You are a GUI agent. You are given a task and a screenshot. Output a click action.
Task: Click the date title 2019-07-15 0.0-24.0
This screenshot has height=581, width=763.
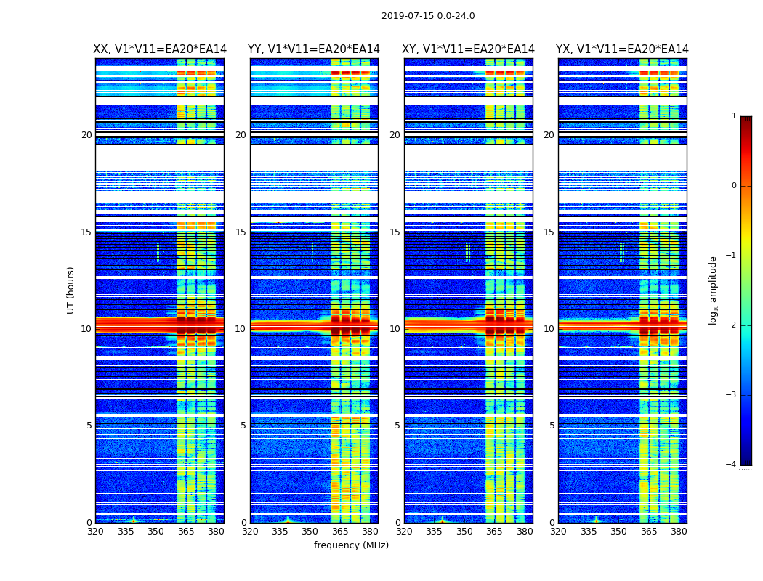(428, 16)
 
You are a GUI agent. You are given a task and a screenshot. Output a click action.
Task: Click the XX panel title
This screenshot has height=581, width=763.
(160, 49)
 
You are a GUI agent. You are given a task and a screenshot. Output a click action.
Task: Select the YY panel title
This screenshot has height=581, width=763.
(314, 49)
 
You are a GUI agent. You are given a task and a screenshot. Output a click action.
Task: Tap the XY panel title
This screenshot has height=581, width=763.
(469, 49)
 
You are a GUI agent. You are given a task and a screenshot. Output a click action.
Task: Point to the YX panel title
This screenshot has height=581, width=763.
(622, 49)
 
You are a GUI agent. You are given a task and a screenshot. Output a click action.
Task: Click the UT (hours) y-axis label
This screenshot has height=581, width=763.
(71, 290)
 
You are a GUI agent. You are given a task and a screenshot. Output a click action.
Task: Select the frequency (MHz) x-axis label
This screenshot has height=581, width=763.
(351, 545)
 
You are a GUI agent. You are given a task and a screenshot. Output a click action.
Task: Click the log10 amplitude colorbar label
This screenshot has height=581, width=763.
(714, 290)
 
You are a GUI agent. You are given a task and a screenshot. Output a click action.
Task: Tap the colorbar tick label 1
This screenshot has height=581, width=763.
(734, 116)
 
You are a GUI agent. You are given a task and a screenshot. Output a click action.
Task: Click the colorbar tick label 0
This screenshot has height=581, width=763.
(734, 186)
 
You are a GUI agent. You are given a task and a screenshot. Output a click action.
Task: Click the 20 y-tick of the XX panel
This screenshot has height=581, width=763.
(86, 135)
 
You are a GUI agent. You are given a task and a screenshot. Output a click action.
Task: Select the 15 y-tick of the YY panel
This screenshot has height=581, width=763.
(241, 232)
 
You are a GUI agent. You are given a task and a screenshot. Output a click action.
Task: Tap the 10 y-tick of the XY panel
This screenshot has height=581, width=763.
(395, 329)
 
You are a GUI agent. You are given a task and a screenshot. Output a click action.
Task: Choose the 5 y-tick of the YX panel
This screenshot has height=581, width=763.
(552, 426)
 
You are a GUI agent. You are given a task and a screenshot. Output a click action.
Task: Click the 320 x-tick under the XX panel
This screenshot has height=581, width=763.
(95, 532)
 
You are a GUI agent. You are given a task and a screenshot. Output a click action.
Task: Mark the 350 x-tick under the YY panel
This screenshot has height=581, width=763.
(310, 532)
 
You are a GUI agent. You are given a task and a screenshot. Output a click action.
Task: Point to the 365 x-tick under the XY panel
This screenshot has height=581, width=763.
(495, 532)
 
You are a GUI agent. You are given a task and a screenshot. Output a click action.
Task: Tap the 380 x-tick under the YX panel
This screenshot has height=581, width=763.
(679, 532)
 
